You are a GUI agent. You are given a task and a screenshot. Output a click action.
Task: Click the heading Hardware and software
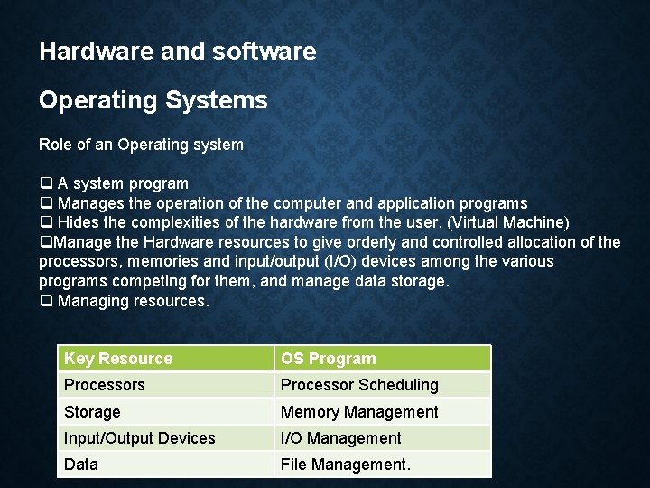click(x=178, y=52)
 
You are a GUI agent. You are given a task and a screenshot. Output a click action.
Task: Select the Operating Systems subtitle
click(x=153, y=100)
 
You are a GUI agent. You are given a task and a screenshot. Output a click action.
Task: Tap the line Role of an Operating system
click(x=141, y=145)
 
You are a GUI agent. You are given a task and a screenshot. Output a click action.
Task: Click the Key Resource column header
click(x=118, y=359)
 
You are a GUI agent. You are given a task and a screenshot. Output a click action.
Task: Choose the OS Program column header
click(x=329, y=359)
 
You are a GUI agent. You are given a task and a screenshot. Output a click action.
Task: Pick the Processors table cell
click(x=105, y=385)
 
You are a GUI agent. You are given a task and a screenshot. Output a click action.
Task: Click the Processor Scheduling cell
click(x=359, y=385)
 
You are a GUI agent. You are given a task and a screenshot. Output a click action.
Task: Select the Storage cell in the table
click(x=92, y=412)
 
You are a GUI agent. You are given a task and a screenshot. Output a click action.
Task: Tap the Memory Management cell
click(x=359, y=412)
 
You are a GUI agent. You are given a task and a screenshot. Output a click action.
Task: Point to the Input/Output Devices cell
click(x=140, y=438)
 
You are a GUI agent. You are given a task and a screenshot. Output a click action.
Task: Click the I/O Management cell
click(x=341, y=438)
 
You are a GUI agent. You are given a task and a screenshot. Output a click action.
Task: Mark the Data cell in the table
click(x=81, y=465)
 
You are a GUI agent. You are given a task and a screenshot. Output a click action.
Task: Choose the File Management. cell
click(x=346, y=465)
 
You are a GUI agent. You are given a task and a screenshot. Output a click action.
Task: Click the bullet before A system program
click(x=45, y=184)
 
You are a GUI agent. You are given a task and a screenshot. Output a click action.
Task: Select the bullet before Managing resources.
click(x=45, y=302)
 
